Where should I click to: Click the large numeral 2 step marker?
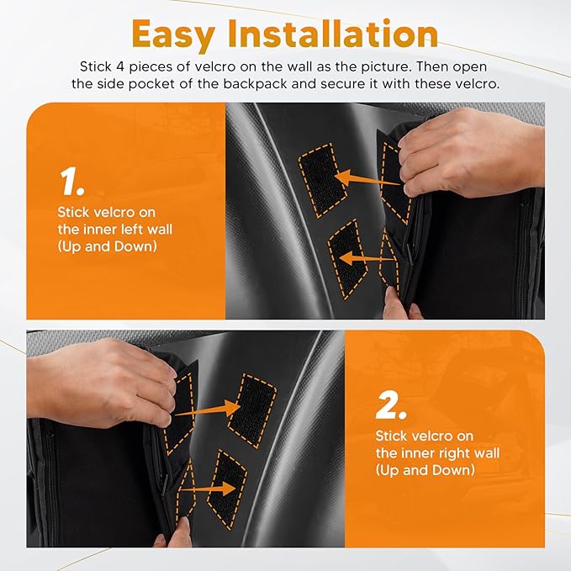tap(392, 406)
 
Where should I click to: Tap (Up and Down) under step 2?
tap(425, 470)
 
